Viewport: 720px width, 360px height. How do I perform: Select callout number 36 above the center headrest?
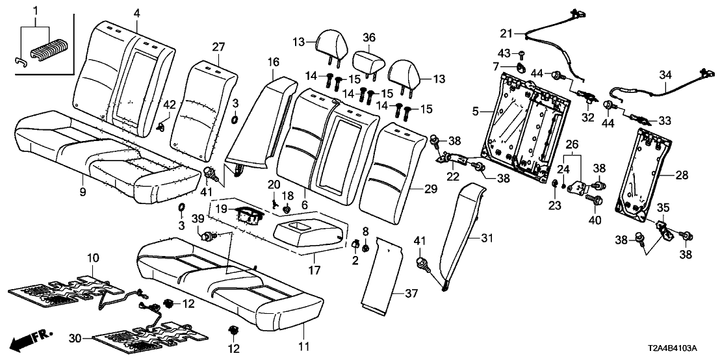click(368, 38)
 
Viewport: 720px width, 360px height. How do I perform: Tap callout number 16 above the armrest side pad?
click(272, 62)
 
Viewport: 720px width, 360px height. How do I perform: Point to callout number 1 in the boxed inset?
click(36, 10)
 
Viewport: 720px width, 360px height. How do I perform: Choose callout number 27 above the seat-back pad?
click(218, 46)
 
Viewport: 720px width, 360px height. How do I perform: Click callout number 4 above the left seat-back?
click(137, 12)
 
